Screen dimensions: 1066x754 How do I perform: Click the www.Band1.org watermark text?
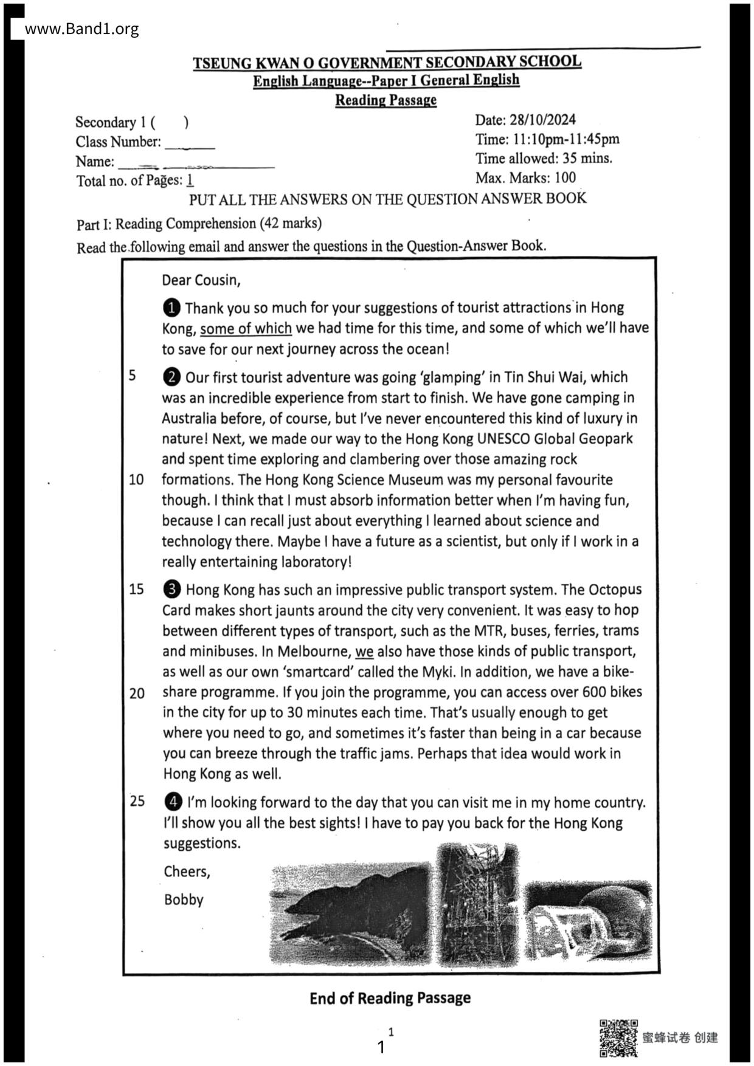(81, 29)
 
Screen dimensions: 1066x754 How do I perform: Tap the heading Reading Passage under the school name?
(386, 100)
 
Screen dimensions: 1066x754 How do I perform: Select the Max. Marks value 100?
(565, 178)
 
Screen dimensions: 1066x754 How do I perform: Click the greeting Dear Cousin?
(201, 280)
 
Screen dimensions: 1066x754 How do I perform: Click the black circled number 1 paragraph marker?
(172, 308)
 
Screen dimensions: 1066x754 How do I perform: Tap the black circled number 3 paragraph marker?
(173, 590)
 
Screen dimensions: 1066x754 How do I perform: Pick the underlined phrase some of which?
(246, 329)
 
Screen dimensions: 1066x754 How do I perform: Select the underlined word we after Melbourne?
(364, 652)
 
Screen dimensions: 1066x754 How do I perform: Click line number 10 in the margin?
(136, 480)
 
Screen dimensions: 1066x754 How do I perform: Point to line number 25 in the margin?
(137, 801)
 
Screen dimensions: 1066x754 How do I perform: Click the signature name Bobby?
(184, 899)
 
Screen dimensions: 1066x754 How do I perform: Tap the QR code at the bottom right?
(618, 1037)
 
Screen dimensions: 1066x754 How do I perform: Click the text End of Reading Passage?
(390, 998)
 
